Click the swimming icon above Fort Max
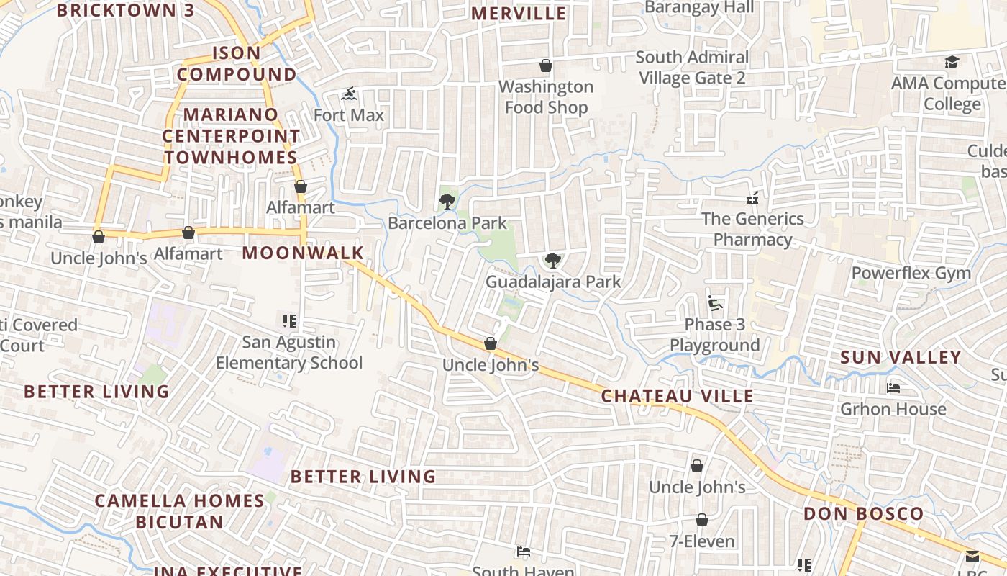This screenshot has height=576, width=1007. coord(349,94)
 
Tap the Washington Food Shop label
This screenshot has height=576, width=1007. coord(546,97)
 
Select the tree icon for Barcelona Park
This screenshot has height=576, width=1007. coord(447,201)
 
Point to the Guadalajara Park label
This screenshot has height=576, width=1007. coord(552,282)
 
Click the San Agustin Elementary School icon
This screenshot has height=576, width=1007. coord(289,321)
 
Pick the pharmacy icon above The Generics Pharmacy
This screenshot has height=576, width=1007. coord(752,197)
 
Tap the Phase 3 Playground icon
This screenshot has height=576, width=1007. coord(714,303)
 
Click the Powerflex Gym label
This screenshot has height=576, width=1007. coord(911,274)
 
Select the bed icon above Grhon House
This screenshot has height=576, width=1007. coord(893,388)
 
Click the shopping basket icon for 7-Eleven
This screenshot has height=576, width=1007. coord(702,520)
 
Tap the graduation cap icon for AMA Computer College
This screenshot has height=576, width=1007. coord(952,62)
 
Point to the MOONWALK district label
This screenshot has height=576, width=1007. coord(303,253)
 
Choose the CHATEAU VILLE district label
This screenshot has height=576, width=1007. coord(677,396)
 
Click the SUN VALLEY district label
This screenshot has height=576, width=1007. coord(901,357)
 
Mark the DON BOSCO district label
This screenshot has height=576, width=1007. coord(863,514)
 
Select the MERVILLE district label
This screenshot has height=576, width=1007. coord(519,14)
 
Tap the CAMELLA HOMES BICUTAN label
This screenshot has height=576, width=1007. coord(179,511)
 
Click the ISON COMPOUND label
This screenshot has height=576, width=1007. coord(237,63)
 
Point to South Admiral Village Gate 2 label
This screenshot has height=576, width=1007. coord(692,68)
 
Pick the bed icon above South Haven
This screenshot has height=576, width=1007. coord(523,552)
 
